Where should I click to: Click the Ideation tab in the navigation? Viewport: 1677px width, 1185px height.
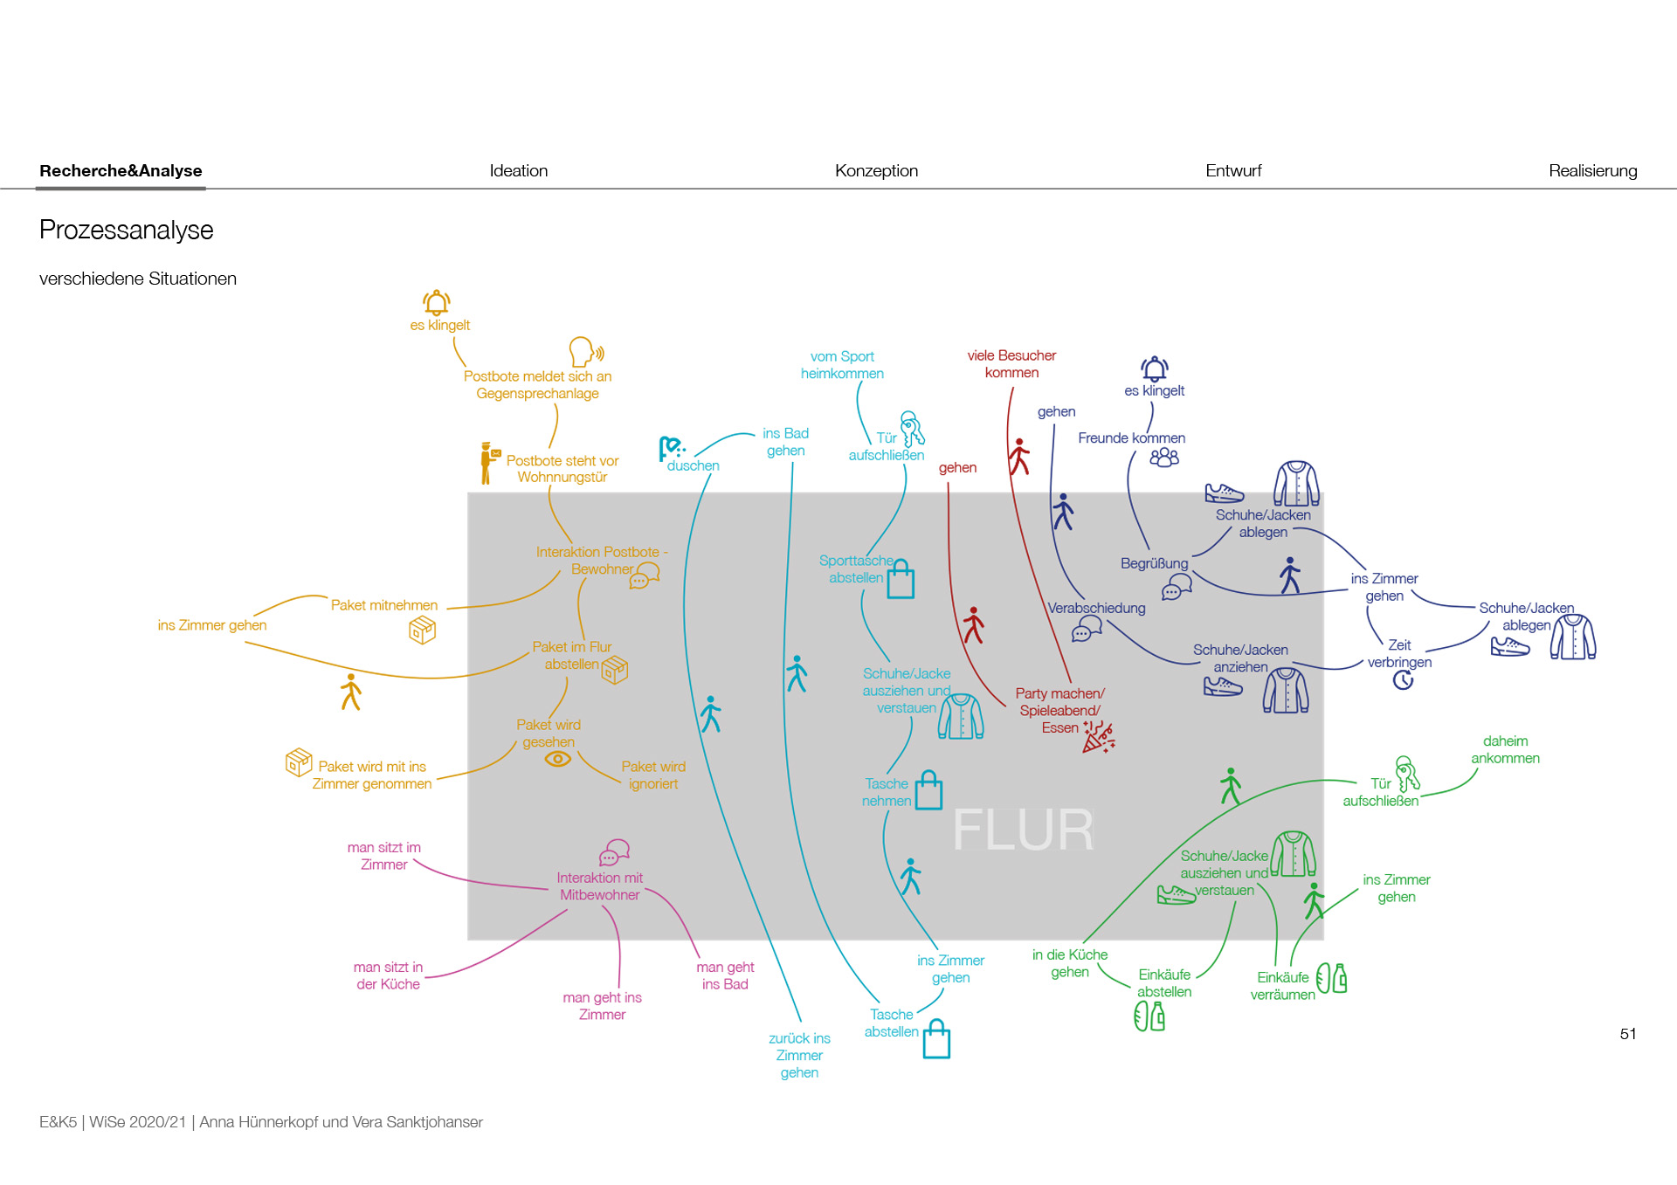tap(518, 171)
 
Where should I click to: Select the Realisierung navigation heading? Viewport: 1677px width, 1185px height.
tap(1592, 171)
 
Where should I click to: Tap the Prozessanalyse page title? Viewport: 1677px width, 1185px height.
tap(127, 231)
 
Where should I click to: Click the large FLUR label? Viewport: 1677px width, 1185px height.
tap(1022, 830)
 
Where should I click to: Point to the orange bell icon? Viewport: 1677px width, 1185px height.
tap(437, 303)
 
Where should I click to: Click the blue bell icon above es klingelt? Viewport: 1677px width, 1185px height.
tap(1155, 369)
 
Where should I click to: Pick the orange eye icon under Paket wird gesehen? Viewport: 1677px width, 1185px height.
tap(557, 759)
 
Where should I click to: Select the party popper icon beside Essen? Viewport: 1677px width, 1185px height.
tap(1099, 737)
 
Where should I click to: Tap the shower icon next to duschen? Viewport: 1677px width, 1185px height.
tap(671, 449)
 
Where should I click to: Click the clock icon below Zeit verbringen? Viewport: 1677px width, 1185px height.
tap(1403, 680)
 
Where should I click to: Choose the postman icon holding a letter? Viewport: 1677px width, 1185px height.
tap(488, 463)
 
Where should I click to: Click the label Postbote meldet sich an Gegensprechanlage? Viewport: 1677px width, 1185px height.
tap(537, 385)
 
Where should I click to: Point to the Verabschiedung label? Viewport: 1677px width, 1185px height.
tap(1096, 608)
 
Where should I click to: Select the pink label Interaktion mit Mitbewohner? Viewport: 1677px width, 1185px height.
tap(600, 886)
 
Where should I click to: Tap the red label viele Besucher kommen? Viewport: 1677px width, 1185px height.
tap(1011, 364)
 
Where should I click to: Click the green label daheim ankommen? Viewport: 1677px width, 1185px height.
tap(1505, 750)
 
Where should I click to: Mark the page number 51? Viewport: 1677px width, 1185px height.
tap(1628, 1034)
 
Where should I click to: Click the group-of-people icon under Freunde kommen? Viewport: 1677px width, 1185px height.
tap(1164, 458)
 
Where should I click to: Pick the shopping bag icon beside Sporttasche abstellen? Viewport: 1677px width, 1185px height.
tap(901, 580)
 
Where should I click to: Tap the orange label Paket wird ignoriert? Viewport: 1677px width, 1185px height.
tap(653, 775)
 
